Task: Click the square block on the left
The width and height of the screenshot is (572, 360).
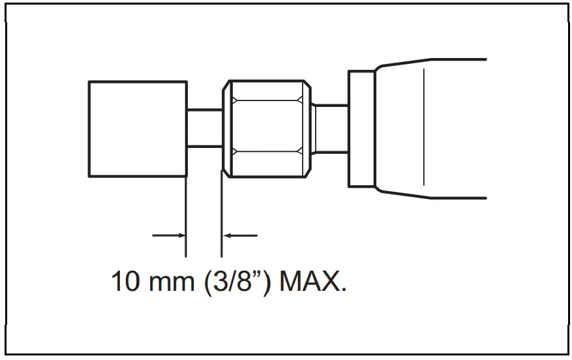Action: [138, 128]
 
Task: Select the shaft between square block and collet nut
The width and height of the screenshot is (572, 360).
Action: [205, 128]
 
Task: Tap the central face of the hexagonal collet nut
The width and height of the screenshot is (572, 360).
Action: [266, 128]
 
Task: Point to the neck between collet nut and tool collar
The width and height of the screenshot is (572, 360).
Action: [331, 128]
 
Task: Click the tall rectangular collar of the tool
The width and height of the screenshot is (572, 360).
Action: [362, 128]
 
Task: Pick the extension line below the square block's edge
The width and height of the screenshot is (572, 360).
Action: [187, 215]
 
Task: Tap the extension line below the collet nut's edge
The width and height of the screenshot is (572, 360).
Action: [222, 215]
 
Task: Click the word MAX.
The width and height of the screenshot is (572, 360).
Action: [312, 282]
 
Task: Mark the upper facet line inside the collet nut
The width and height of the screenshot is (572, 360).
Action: [266, 100]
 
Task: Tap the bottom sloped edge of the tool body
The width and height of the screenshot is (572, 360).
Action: [404, 193]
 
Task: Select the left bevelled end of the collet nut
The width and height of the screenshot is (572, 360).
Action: [227, 128]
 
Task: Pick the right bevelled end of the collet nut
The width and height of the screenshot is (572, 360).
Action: [305, 128]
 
